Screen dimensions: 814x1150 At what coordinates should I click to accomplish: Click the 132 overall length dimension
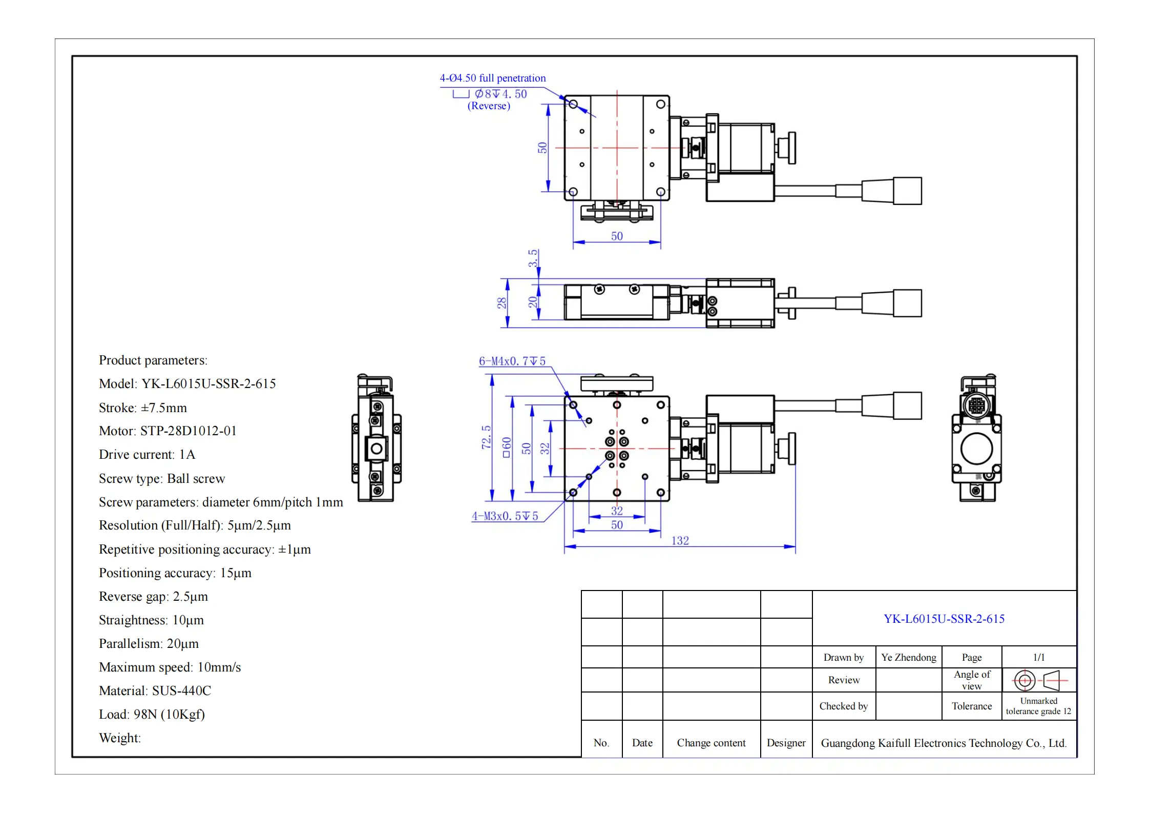pyautogui.click(x=680, y=541)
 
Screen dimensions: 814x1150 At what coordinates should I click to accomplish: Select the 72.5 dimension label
pyautogui.click(x=486, y=437)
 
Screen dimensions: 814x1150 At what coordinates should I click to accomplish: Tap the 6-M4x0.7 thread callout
pyautogui.click(x=512, y=361)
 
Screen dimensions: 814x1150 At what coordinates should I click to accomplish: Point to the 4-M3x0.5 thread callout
pyautogui.click(x=505, y=516)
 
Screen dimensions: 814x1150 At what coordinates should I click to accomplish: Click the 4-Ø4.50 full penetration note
pyautogui.click(x=492, y=78)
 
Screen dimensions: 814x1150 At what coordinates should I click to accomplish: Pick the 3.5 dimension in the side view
pyautogui.click(x=533, y=258)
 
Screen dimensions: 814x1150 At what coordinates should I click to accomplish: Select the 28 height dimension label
pyautogui.click(x=501, y=303)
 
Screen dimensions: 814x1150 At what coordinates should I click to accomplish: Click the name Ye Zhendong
pyautogui.click(x=908, y=657)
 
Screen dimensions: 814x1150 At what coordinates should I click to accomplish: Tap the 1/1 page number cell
pyautogui.click(x=1038, y=657)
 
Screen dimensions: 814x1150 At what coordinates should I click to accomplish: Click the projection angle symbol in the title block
pyautogui.click(x=1038, y=680)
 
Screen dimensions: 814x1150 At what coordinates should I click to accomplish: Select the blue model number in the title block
pyautogui.click(x=944, y=619)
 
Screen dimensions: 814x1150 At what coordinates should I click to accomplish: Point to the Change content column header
pyautogui.click(x=711, y=743)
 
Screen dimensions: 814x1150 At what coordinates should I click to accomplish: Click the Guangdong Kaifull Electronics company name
pyautogui.click(x=944, y=743)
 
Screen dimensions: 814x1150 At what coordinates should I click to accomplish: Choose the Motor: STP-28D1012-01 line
pyautogui.click(x=168, y=431)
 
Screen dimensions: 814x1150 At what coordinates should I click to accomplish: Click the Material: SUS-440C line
pyautogui.click(x=155, y=691)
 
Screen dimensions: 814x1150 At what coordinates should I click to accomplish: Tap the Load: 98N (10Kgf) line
pyautogui.click(x=152, y=715)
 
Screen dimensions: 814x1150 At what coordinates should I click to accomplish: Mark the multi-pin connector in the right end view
pyautogui.click(x=976, y=405)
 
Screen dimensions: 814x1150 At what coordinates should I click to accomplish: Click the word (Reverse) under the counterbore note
pyautogui.click(x=489, y=106)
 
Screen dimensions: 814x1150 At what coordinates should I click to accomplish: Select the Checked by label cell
pyautogui.click(x=843, y=706)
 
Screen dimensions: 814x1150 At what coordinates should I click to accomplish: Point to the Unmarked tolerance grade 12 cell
pyautogui.click(x=1038, y=706)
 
